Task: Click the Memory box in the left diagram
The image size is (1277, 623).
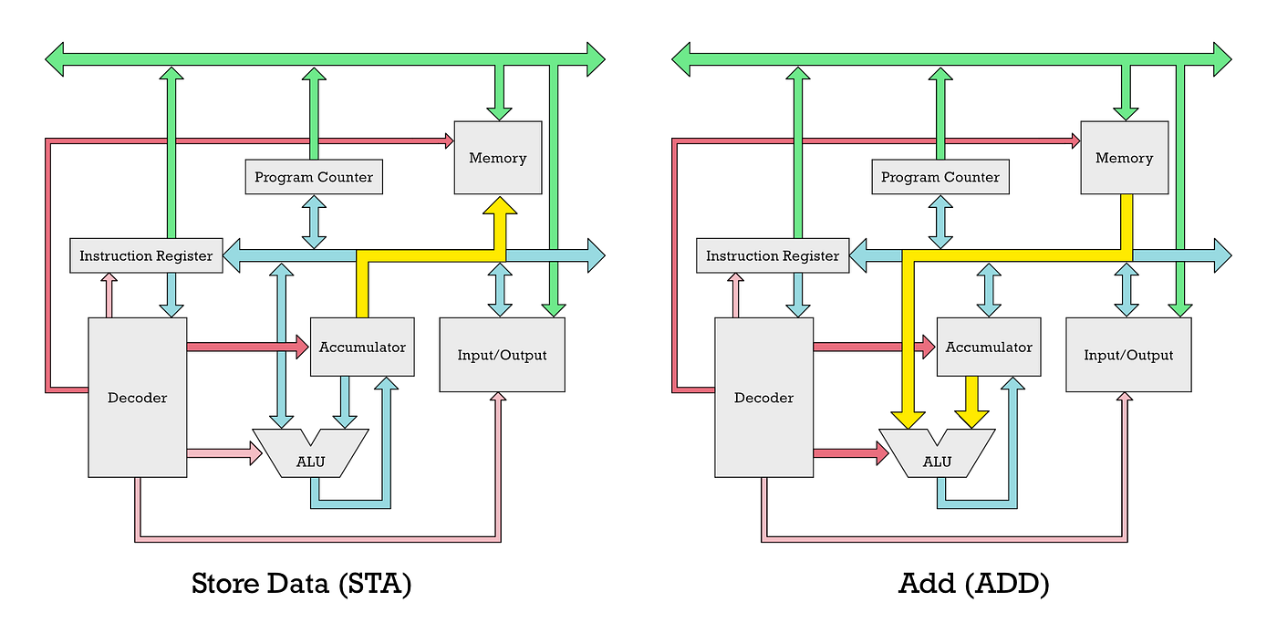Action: coord(497,157)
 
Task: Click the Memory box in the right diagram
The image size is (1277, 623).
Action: coord(1124,157)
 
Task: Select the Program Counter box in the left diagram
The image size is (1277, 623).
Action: coord(314,176)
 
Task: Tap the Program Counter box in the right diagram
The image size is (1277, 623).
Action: coord(940,176)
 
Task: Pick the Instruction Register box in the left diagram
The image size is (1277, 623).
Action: coord(146,255)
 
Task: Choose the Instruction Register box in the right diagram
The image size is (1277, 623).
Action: coord(773,255)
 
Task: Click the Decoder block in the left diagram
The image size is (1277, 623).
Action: coord(138,397)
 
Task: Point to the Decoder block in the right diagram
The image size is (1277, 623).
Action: coord(763,397)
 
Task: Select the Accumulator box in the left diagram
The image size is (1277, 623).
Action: coord(362,347)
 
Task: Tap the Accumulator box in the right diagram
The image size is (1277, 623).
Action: coord(989,347)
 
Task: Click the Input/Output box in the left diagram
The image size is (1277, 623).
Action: coord(502,354)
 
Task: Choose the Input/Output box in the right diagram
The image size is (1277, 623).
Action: coord(1128,354)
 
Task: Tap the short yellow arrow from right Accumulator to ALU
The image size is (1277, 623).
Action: coord(971,401)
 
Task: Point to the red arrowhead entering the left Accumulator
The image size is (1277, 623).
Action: coord(300,347)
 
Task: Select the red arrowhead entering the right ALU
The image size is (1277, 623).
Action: coord(881,452)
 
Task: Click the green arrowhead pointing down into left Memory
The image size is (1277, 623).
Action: coord(498,110)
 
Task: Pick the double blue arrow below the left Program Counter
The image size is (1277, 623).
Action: coord(314,223)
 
